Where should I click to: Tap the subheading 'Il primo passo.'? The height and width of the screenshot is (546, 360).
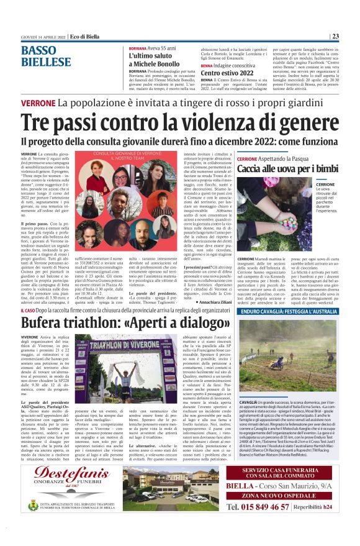[x=35, y=222]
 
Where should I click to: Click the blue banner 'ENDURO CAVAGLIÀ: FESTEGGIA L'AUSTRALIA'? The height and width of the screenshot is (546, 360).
[x=287, y=311]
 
